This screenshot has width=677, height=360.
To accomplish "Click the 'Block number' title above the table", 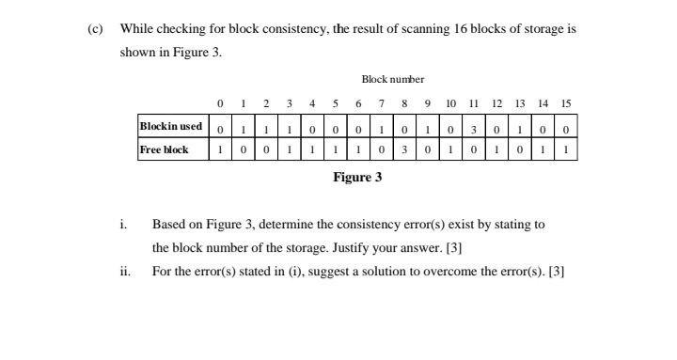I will click(392, 80).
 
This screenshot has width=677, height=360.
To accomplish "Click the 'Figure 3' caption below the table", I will click(357, 177).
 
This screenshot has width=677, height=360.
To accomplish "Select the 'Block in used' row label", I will click(170, 127).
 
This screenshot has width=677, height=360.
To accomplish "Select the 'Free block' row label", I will click(164, 149).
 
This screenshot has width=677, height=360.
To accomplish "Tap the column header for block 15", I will click(565, 103).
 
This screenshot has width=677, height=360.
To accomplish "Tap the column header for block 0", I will click(219, 103).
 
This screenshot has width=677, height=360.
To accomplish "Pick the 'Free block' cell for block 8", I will click(404, 149).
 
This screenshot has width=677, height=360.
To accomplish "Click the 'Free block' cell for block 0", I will click(219, 149).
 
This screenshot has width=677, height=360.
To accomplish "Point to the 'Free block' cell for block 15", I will click(565, 149).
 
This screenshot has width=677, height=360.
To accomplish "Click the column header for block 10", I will click(450, 103).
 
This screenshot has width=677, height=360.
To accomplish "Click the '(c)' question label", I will click(94, 28).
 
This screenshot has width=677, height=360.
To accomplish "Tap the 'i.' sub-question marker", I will click(123, 225).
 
